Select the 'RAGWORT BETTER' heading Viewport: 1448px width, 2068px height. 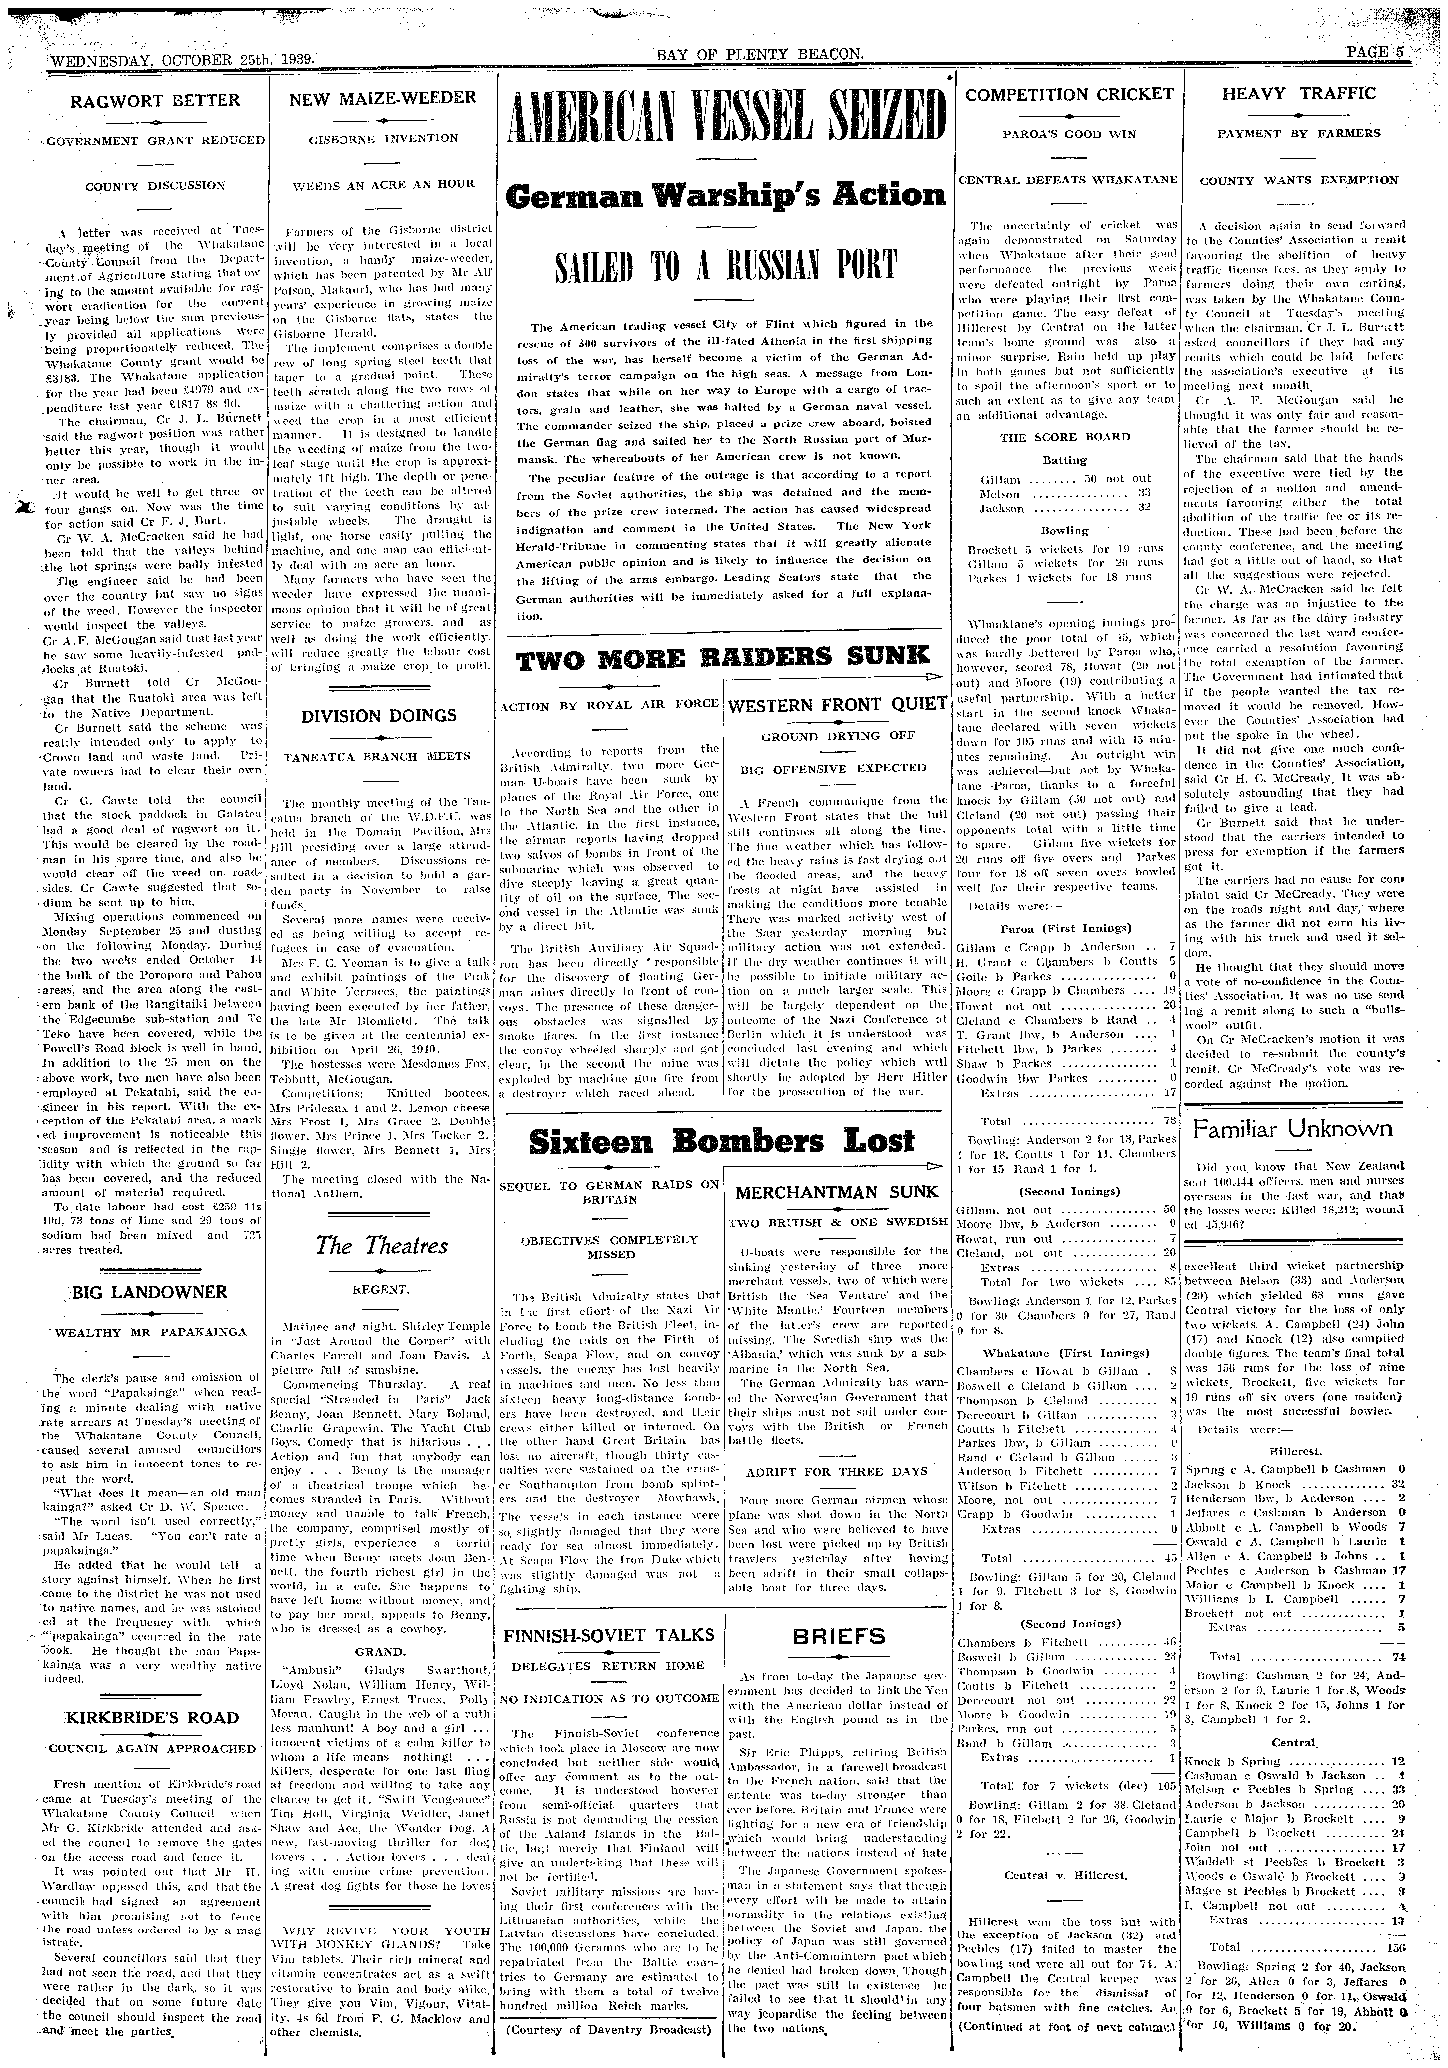[x=156, y=100]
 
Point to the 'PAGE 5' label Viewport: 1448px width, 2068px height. [x=1374, y=52]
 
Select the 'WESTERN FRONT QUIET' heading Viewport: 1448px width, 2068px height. [x=837, y=705]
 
